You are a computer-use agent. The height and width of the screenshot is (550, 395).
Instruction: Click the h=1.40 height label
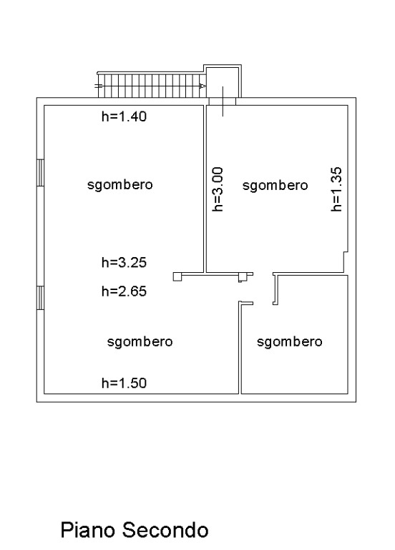coord(124,116)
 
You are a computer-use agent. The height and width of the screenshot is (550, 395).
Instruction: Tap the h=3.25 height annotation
coord(124,262)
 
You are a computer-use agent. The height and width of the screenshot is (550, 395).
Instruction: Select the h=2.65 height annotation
coord(124,291)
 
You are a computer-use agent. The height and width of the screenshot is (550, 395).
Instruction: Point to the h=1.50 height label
coord(124,383)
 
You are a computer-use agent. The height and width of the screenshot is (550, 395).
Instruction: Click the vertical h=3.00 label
coord(218,189)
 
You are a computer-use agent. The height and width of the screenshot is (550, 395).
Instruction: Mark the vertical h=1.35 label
coord(336,189)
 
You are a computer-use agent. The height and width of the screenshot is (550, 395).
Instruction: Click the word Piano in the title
coord(89,530)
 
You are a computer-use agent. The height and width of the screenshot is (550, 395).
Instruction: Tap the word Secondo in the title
coord(165,530)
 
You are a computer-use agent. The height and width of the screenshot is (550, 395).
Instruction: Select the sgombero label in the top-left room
coord(120,185)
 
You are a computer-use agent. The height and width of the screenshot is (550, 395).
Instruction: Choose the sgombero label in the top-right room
coord(275,186)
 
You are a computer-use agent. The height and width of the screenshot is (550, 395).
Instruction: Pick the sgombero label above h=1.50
coord(140,341)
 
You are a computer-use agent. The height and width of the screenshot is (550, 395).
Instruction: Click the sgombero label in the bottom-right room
coord(290,341)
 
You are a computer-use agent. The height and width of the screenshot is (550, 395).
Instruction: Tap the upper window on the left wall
coord(40,173)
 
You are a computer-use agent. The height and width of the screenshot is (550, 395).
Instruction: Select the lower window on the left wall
coord(40,298)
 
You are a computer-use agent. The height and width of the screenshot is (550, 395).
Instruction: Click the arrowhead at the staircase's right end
coord(203,86)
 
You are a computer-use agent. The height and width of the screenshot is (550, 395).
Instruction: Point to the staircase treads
coord(152,86)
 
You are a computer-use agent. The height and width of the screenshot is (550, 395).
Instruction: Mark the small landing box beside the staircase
coord(223,81)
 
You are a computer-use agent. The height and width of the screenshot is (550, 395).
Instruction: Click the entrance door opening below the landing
coord(223,101)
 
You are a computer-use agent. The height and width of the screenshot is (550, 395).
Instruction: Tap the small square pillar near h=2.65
coord(177,276)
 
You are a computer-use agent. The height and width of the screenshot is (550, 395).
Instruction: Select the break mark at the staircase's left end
coord(99,86)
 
